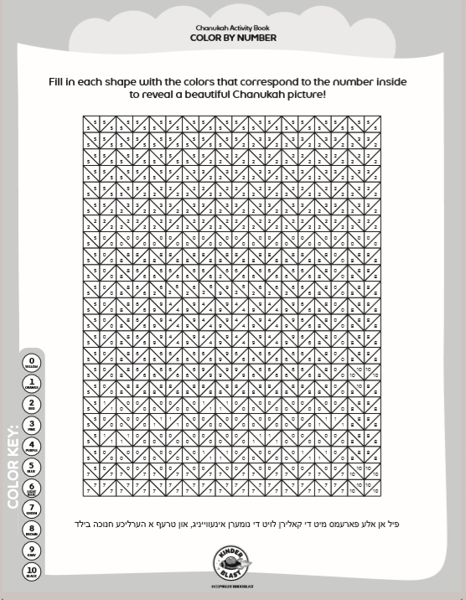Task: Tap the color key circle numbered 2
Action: point(32,403)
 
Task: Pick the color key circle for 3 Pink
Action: point(32,424)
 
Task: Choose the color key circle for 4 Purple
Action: point(32,445)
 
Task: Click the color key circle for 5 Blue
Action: point(32,466)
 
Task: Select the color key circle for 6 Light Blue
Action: point(32,487)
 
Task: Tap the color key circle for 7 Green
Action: point(32,508)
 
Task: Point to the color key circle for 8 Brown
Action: point(32,529)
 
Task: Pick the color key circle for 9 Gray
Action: point(32,550)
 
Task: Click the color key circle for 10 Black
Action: point(32,571)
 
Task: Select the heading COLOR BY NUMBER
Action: point(233,38)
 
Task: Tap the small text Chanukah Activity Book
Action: point(233,28)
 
